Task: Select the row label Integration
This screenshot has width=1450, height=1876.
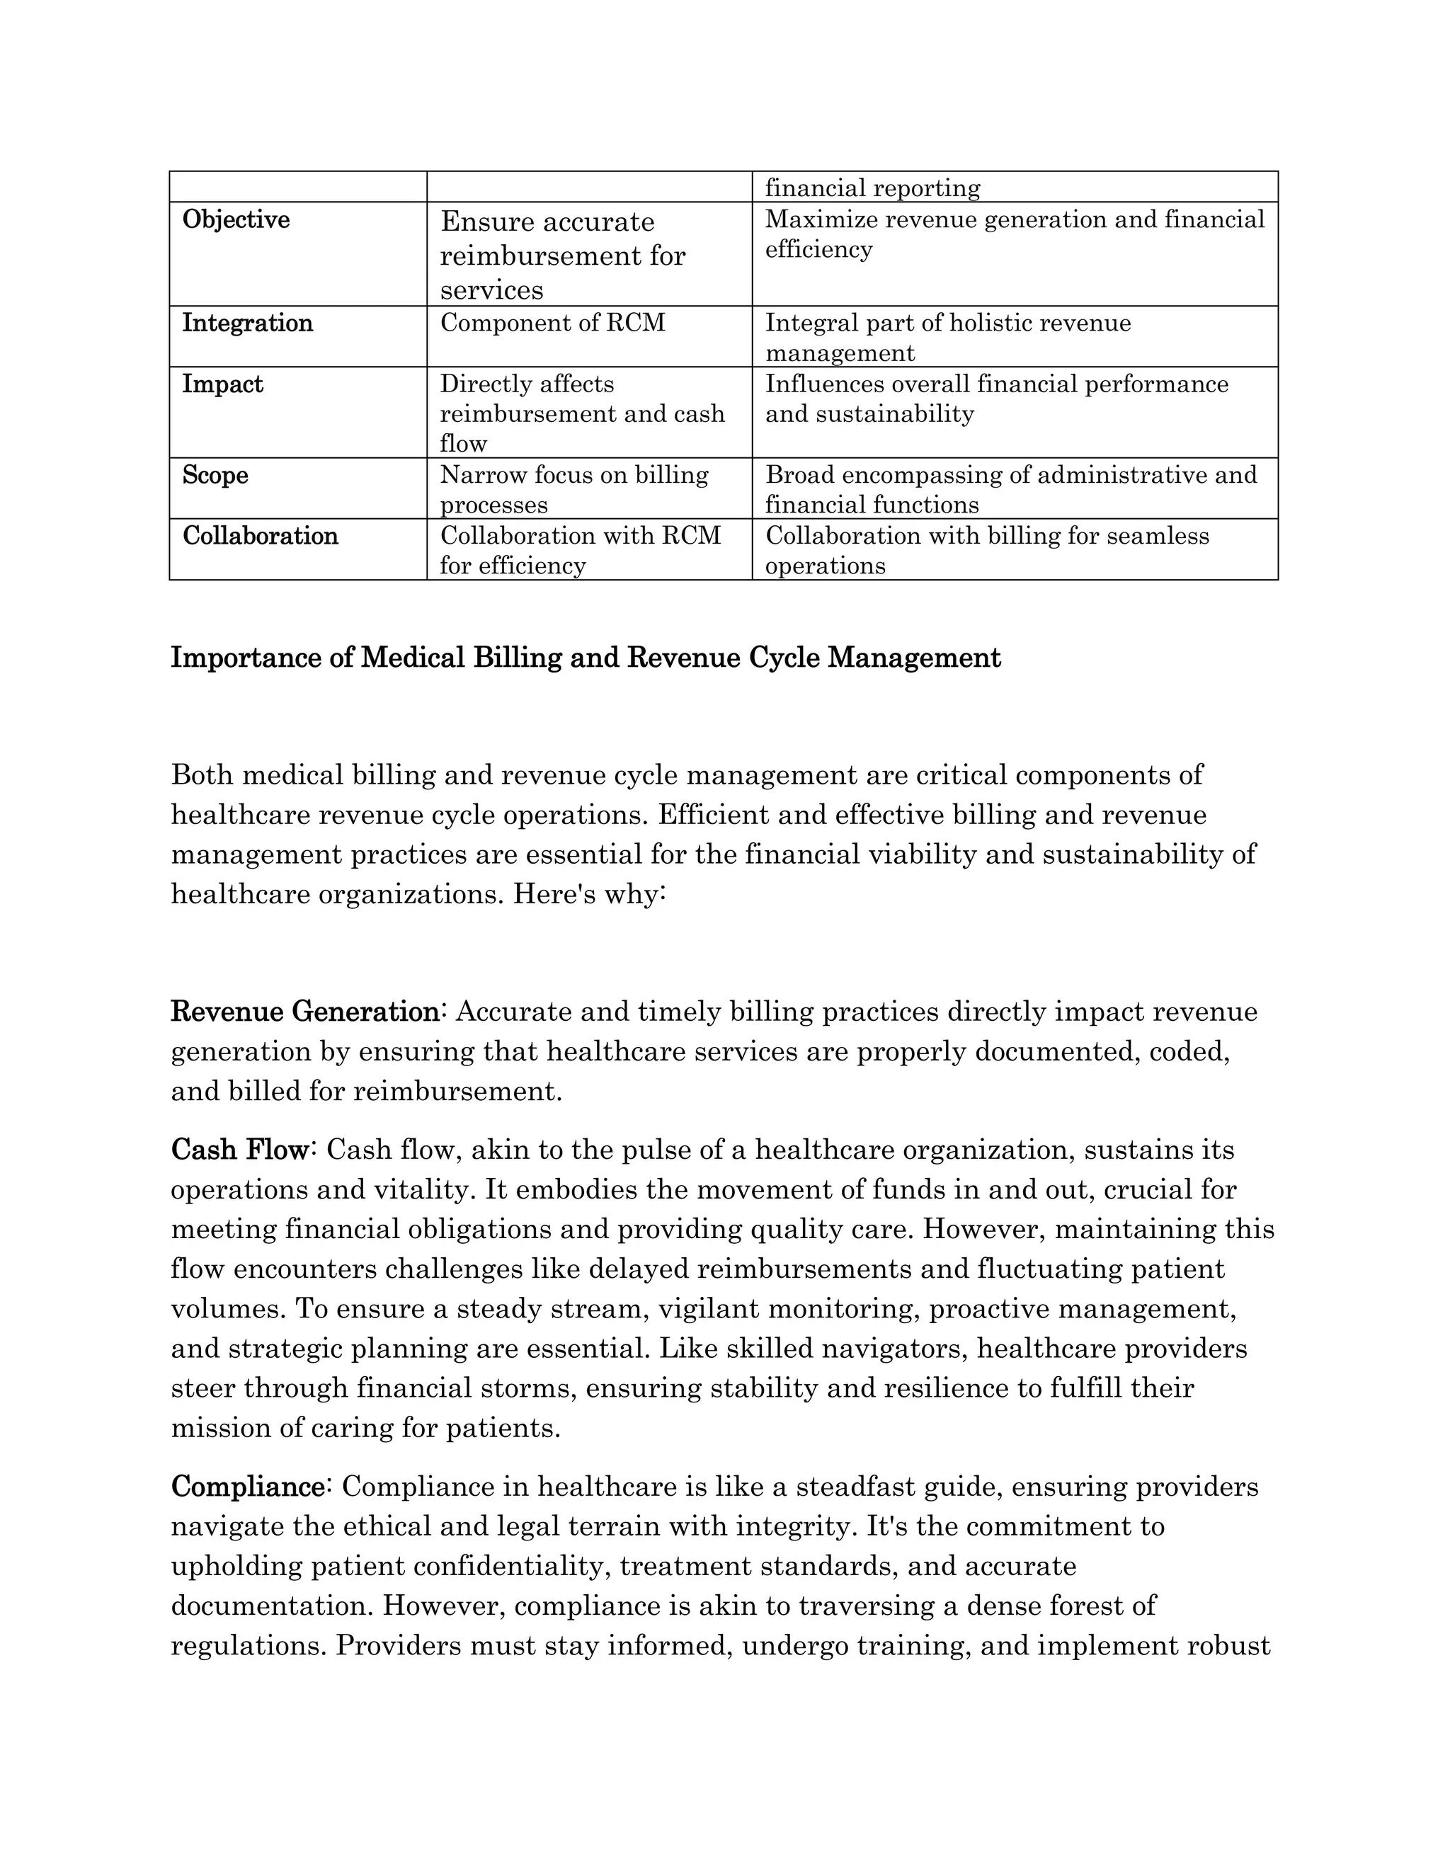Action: pyautogui.click(x=247, y=323)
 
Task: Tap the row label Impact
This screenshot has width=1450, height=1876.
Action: pyautogui.click(x=222, y=384)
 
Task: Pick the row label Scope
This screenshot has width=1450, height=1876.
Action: pyautogui.click(x=215, y=475)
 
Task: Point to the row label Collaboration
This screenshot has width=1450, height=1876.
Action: pyautogui.click(x=261, y=536)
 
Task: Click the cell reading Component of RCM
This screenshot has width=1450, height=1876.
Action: pyautogui.click(x=552, y=323)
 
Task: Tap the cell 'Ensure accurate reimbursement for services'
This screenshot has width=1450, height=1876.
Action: pyautogui.click(x=563, y=255)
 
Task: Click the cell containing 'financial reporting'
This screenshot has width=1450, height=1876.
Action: pyautogui.click(x=872, y=188)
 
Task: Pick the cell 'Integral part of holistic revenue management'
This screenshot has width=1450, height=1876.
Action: pyautogui.click(x=947, y=338)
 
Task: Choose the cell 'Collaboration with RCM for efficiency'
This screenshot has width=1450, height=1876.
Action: pyautogui.click(x=580, y=550)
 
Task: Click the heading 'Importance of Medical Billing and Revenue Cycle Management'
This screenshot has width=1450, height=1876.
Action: pyautogui.click(x=585, y=658)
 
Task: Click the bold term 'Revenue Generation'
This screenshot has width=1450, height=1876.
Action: pyautogui.click(x=305, y=1012)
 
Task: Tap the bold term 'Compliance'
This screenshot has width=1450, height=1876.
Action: pyautogui.click(x=247, y=1487)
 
